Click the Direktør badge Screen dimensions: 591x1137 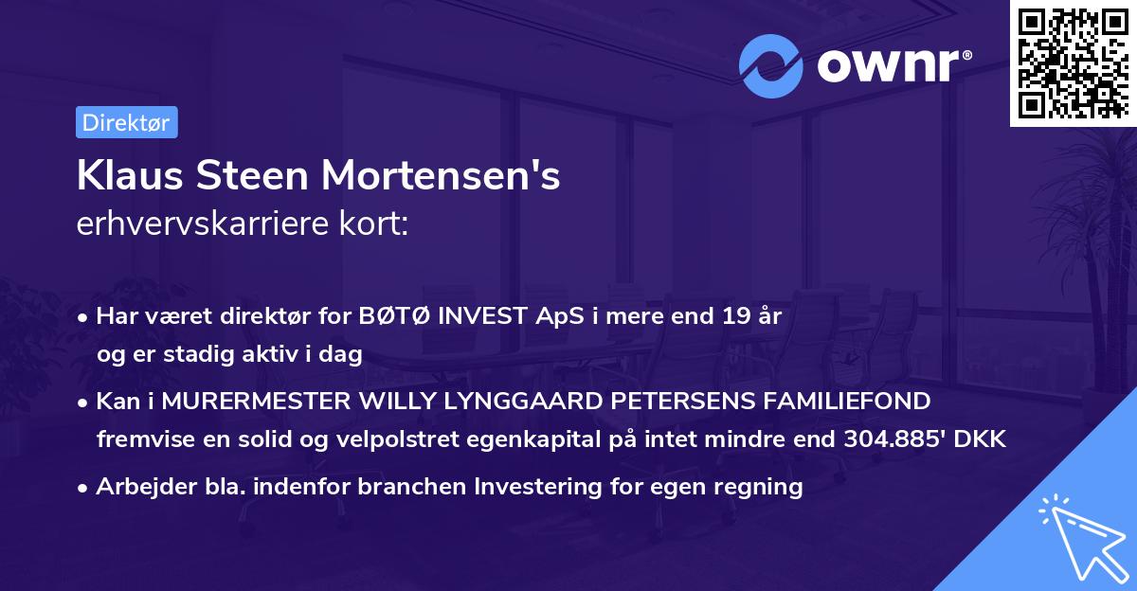[126, 122]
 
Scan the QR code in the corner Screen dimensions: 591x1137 [1073, 63]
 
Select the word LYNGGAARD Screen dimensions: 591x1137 [504, 402]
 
